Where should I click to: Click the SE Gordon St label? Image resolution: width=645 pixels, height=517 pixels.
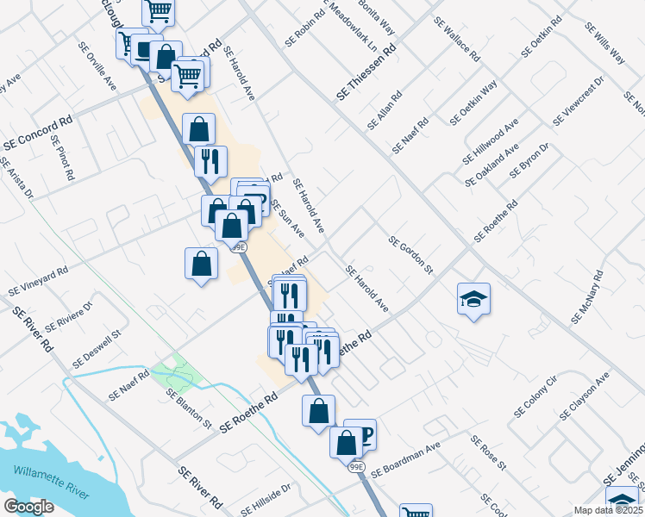[410, 256]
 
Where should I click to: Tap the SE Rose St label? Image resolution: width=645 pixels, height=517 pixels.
[487, 452]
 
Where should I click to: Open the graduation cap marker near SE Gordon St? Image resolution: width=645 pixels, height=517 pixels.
[473, 299]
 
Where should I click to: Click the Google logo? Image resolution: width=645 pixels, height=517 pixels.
[28, 507]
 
